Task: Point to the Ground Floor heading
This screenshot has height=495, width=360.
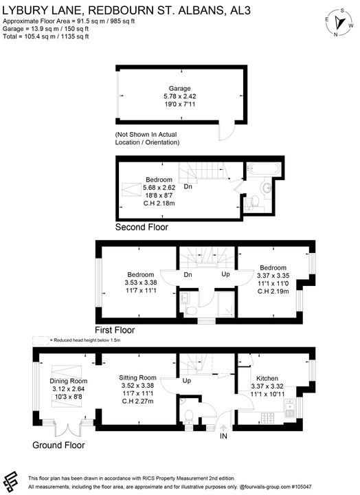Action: [x=59, y=445]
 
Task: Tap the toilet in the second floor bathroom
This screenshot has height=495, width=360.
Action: [x=255, y=201]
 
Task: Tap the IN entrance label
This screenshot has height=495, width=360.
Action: [x=223, y=437]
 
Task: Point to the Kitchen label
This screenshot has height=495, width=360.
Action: [x=267, y=379]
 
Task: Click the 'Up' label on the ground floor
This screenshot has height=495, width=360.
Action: [x=186, y=380]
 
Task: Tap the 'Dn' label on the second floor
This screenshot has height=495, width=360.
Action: [x=187, y=186]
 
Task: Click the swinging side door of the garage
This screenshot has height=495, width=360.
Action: [x=224, y=129]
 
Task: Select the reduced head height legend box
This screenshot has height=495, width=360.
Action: [x=41, y=340]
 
